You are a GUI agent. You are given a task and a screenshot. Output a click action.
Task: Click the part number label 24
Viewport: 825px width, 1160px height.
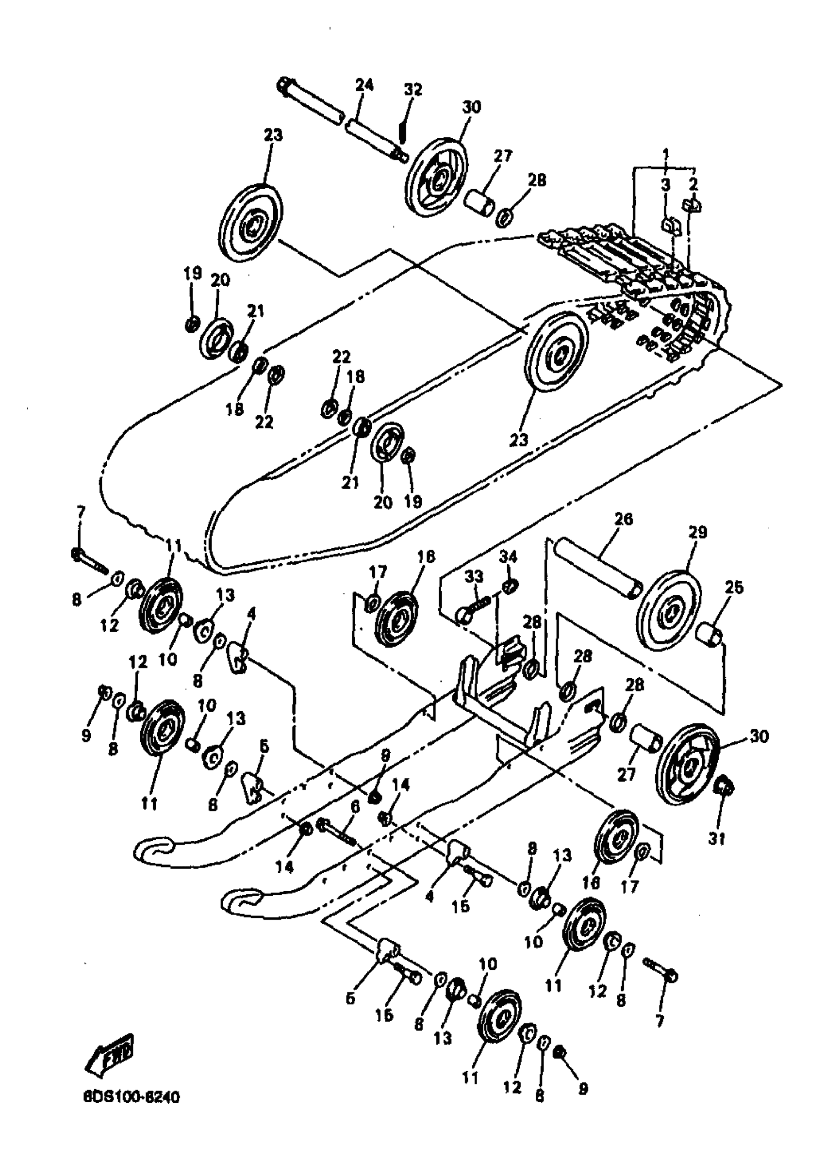(364, 85)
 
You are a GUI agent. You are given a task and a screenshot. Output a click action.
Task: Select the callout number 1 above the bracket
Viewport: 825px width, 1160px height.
(665, 152)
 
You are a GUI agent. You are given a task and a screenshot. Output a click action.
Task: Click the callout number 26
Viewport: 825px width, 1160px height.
(624, 519)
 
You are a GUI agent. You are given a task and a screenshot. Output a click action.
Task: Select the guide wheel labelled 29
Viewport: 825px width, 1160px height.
(669, 611)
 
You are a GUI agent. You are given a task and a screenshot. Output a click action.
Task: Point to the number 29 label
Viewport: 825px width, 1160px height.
(697, 533)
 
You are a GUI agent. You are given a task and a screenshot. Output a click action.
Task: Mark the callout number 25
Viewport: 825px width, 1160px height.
(734, 588)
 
